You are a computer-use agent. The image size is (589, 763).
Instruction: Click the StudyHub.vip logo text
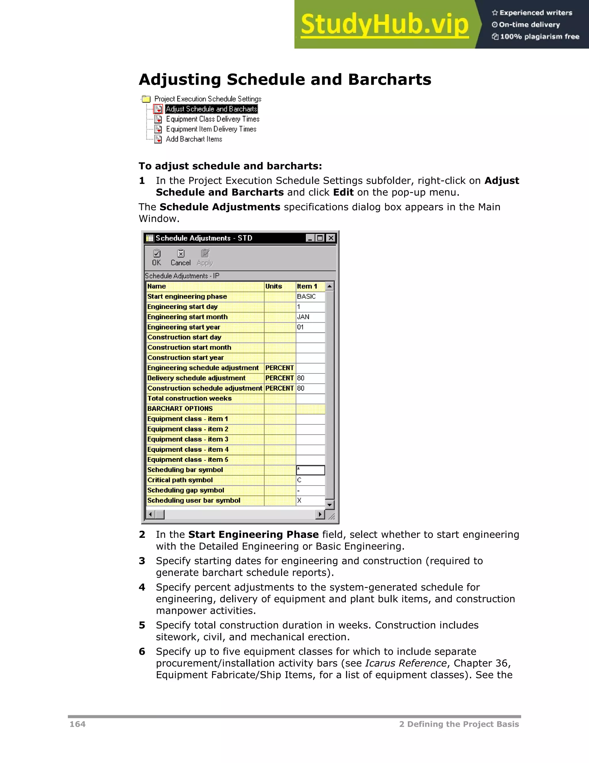tap(384, 24)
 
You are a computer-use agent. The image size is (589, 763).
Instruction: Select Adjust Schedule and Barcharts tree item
tap(211, 109)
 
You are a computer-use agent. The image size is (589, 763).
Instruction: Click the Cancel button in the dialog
tap(180, 257)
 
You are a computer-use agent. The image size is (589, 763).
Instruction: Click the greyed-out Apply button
tap(204, 257)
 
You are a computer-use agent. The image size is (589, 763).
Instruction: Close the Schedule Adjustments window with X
tap(330, 238)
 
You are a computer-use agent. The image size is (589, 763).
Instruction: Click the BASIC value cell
tap(310, 297)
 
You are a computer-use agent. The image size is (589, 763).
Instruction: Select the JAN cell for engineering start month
tap(310, 317)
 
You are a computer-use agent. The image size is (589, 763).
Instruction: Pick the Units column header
tap(280, 286)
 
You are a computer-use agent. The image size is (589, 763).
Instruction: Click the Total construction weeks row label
tap(190, 398)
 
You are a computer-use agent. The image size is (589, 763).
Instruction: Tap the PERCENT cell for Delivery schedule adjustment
tap(280, 378)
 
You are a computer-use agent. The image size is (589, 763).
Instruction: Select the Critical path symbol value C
tap(310, 480)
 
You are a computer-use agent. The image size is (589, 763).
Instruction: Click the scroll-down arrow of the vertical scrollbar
tap(329, 505)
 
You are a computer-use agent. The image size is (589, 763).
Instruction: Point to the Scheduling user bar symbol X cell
tap(310, 500)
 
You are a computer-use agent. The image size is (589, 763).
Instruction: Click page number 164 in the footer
tap(77, 724)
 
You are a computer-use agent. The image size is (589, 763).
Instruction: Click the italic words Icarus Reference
tap(406, 663)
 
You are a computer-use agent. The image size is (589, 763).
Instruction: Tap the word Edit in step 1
tap(343, 193)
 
